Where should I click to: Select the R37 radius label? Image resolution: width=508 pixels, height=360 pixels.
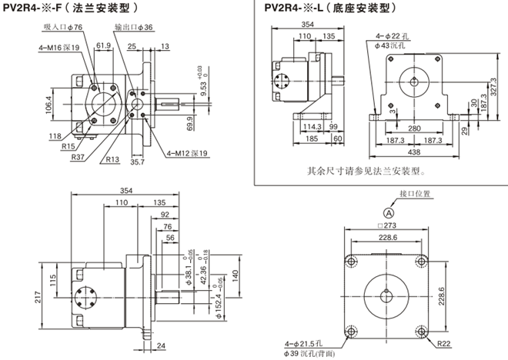[77, 157]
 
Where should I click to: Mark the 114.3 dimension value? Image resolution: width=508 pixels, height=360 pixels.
[309, 127]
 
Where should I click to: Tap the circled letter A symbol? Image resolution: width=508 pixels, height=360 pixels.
[389, 212]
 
